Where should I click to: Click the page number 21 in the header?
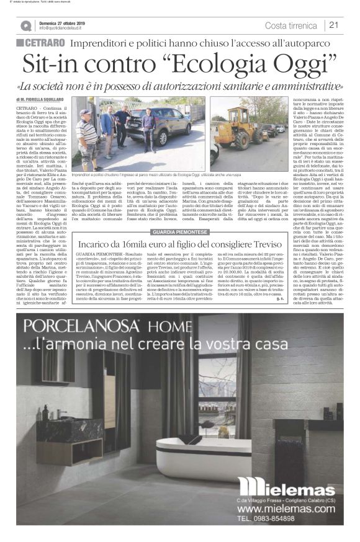334,25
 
